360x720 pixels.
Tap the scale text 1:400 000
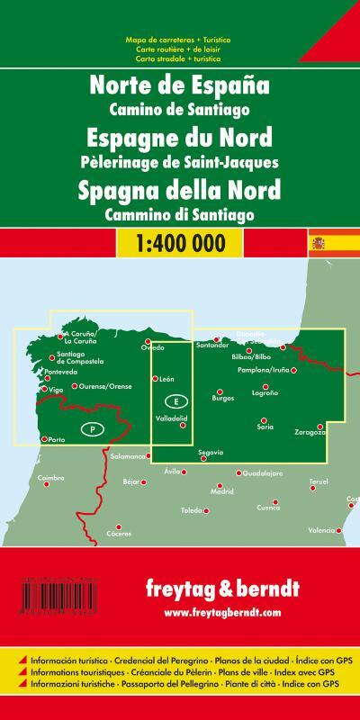click(179, 218)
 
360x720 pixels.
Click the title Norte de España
click(179, 89)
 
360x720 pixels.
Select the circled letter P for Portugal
click(93, 429)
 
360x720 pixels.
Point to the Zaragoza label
click(306, 434)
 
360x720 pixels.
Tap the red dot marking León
click(155, 378)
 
